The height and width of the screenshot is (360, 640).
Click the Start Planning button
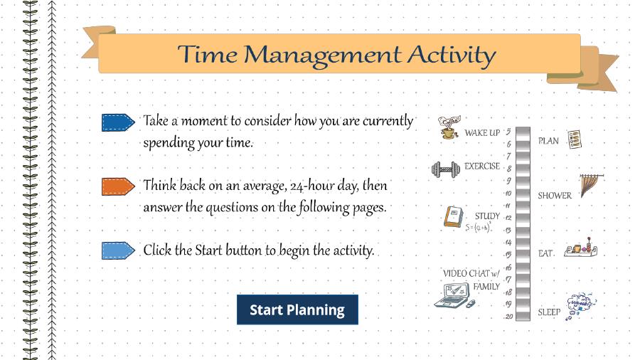pyautogui.click(x=297, y=309)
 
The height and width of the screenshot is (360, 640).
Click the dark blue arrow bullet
pyautogui.click(x=118, y=122)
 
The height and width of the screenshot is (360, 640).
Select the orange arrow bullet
pyautogui.click(x=118, y=186)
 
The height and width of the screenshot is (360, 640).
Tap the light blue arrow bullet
pyautogui.click(x=118, y=250)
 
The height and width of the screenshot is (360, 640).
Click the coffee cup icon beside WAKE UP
pyautogui.click(x=449, y=127)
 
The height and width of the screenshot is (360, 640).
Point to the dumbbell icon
pyautogui.click(x=446, y=169)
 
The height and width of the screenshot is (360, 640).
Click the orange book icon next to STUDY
pyautogui.click(x=454, y=216)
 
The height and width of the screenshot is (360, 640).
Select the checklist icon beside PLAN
pyautogui.click(x=575, y=139)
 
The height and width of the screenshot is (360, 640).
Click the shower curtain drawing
pyautogui.click(x=591, y=185)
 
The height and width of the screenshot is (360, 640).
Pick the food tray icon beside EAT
pyautogui.click(x=581, y=248)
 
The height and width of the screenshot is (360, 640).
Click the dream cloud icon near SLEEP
pyautogui.click(x=580, y=306)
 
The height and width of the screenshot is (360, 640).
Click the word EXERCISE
pyautogui.click(x=482, y=166)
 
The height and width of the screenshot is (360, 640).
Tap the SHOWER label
pyautogui.click(x=555, y=196)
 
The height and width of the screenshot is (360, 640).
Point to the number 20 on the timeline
pyautogui.click(x=508, y=317)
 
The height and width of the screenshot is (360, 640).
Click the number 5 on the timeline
pyautogui.click(x=508, y=132)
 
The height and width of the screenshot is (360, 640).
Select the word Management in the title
pyautogui.click(x=322, y=55)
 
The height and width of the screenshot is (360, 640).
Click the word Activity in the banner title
pyautogui.click(x=452, y=55)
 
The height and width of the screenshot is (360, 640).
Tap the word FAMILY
pyautogui.click(x=486, y=287)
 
